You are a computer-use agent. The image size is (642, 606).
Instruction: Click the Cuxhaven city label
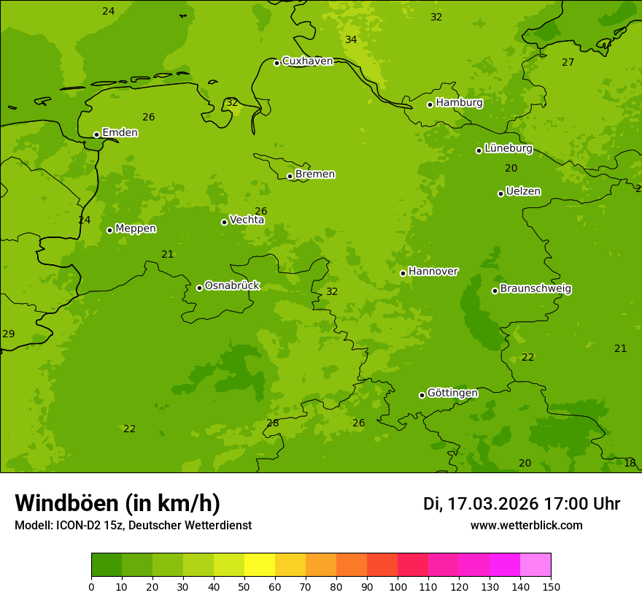pos(307,61)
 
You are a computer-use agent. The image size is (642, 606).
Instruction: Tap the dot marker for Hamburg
pos(430,104)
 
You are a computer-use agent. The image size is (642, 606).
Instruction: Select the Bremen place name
pos(315,174)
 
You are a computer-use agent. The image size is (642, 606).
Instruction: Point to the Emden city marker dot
pos(96,134)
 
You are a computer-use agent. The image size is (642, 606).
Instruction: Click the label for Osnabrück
pos(232,286)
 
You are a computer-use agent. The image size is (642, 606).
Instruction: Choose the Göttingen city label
pos(452,394)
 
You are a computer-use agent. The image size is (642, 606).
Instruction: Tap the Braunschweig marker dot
pos(495,291)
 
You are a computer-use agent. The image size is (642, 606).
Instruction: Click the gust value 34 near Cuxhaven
pos(351,39)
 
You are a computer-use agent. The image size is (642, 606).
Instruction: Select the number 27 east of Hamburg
pos(568,62)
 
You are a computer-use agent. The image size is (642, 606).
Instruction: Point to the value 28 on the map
pos(272,423)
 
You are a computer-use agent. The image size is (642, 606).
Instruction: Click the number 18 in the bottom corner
pos(630,463)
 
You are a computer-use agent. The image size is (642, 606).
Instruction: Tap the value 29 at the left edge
pos(8,334)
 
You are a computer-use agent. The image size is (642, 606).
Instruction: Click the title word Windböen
pos(66,503)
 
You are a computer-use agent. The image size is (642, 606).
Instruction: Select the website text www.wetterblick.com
pos(526,525)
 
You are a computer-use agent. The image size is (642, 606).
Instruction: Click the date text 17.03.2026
pos(492,504)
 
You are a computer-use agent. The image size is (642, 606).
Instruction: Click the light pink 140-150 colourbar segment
pos(535,565)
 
